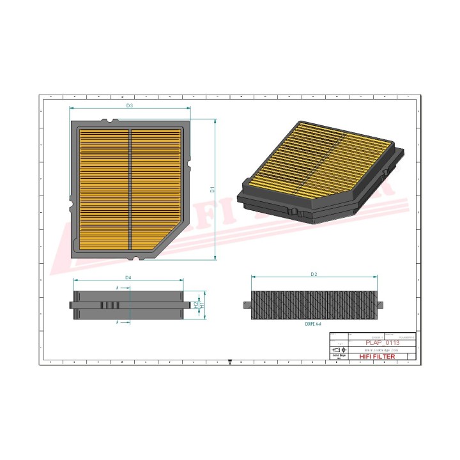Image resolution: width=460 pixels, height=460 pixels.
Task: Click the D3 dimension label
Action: point(129,105)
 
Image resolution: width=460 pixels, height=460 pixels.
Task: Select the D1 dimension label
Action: point(212,190)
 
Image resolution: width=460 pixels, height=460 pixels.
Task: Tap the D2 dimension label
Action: point(314,274)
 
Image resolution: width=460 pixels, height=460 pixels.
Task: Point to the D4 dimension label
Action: point(128,278)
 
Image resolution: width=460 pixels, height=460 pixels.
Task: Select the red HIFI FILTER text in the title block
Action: point(378,356)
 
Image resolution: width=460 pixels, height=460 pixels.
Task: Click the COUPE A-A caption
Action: point(313,325)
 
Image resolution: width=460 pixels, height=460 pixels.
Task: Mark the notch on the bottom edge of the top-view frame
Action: point(135,259)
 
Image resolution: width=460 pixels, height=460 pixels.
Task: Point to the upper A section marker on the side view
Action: point(118,288)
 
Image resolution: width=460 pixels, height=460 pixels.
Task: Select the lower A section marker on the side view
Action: point(118,323)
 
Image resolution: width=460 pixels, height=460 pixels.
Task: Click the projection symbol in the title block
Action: point(337,350)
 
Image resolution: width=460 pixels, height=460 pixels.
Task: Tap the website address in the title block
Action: point(378,350)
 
